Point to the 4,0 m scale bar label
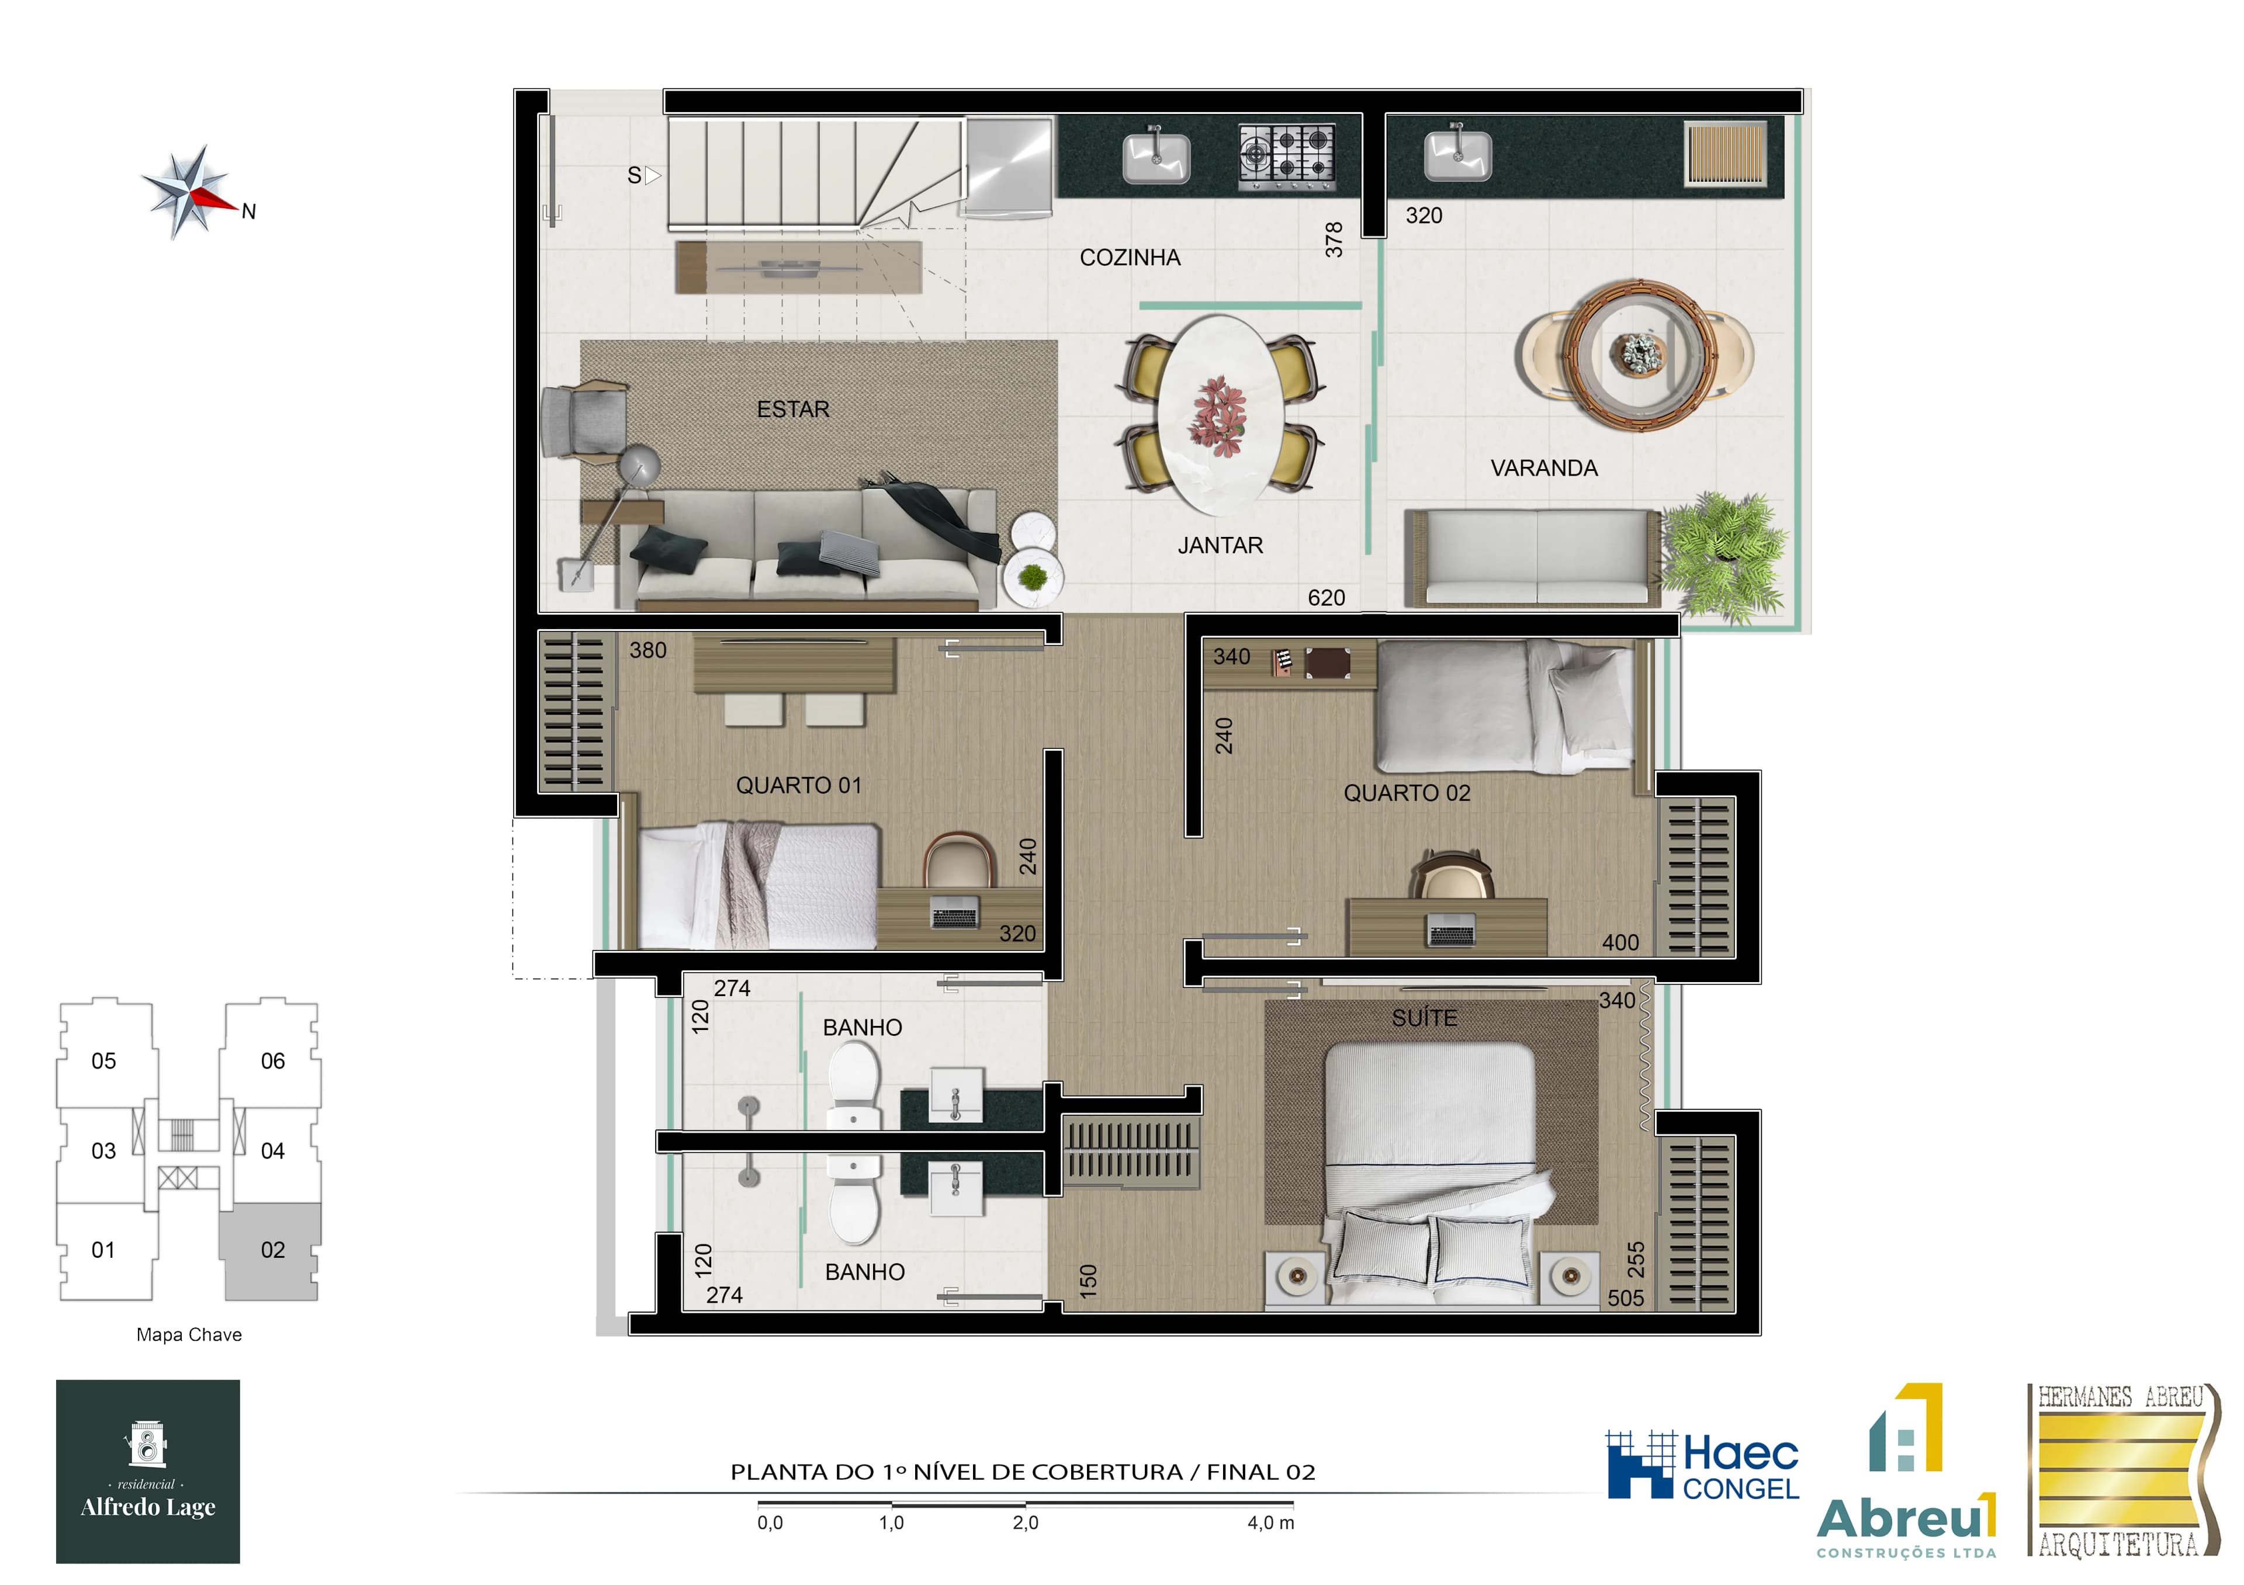click(x=1270, y=1522)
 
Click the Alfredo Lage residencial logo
click(x=148, y=1470)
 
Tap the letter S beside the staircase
click(x=634, y=176)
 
